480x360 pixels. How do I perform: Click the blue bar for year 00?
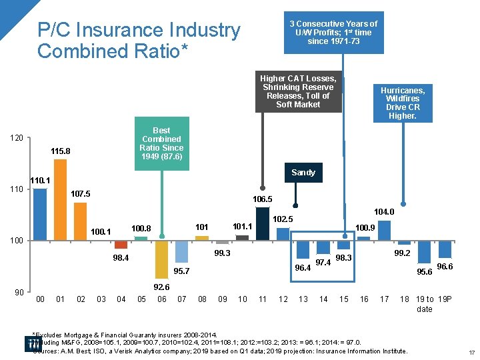(x=40, y=214)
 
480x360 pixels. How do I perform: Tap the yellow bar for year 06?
(x=161, y=259)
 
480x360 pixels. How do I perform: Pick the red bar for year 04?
(x=121, y=244)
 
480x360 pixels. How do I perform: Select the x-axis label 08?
(x=202, y=299)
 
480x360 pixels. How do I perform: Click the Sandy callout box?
(x=303, y=173)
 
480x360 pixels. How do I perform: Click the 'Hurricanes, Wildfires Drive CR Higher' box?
(x=402, y=103)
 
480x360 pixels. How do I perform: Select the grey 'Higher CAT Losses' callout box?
(x=298, y=91)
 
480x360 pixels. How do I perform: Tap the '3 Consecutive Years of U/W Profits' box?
(x=333, y=32)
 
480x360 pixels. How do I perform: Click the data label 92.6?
(x=162, y=287)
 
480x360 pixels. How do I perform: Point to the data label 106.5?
(x=262, y=199)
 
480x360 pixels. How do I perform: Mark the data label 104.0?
(x=384, y=212)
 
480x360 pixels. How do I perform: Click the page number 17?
(x=471, y=352)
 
